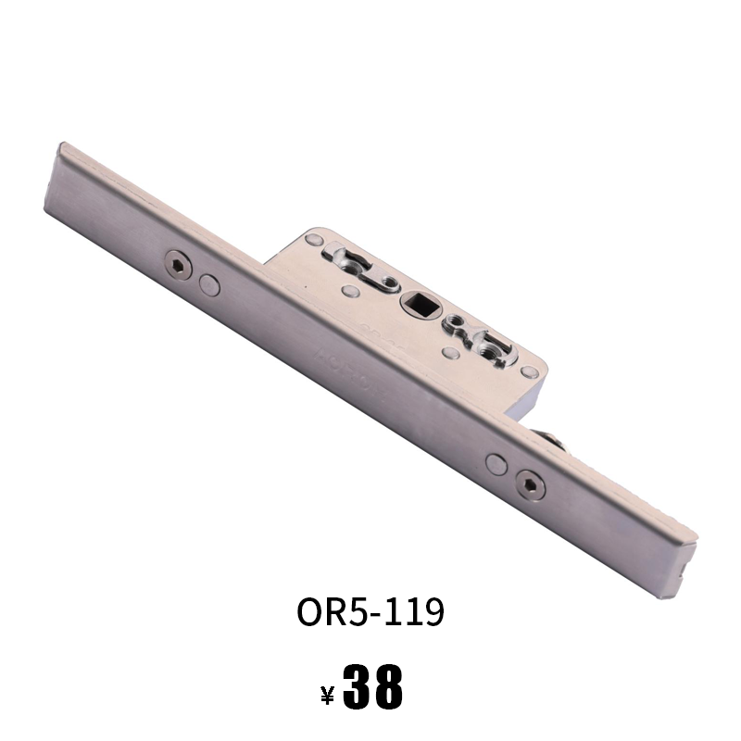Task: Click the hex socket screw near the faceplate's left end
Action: (x=178, y=265)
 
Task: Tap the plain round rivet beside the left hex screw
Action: (x=209, y=285)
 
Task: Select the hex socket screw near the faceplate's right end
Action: (x=530, y=485)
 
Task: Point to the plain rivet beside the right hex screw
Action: (x=496, y=465)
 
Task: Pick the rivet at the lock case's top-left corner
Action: (x=313, y=239)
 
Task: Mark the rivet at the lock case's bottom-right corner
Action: (x=529, y=372)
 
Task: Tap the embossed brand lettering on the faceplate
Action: (x=351, y=374)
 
